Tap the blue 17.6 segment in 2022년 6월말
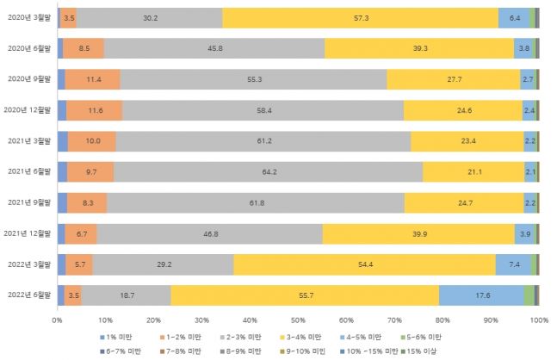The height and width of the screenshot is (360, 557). point(481,295)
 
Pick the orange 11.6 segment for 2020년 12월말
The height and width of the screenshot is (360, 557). point(95,110)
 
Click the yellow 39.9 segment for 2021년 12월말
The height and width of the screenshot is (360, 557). point(418,233)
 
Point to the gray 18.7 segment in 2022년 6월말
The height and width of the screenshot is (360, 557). point(127,295)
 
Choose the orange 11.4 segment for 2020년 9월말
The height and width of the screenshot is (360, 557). point(92,79)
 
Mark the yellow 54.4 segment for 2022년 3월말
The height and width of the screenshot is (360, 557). point(364,264)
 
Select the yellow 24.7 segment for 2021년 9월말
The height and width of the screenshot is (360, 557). point(464,202)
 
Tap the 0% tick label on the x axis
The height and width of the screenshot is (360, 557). point(57,320)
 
